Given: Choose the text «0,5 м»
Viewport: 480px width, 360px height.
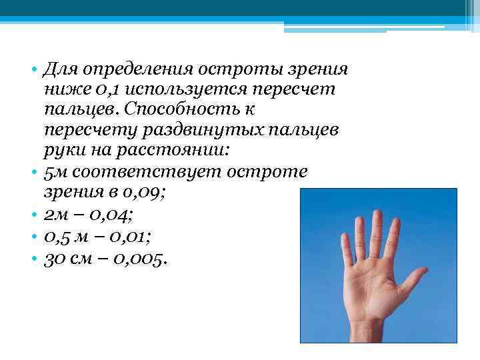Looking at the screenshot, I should (x=64, y=235).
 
